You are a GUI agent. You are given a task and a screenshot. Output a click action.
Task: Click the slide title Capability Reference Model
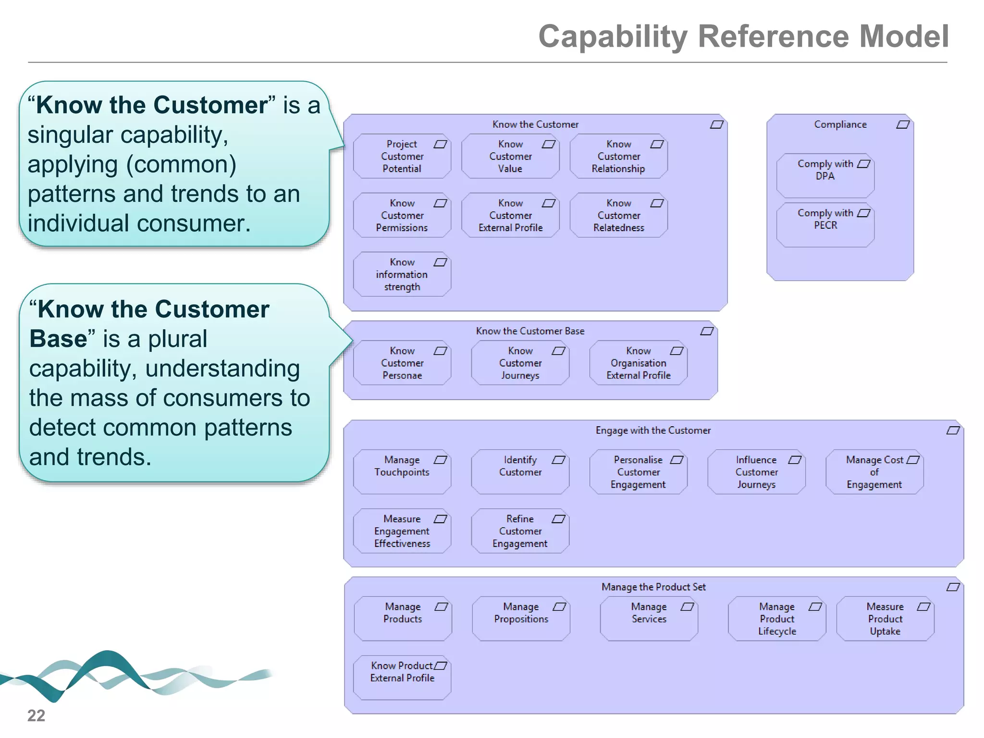[743, 37]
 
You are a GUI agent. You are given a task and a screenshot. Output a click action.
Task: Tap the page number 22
[36, 715]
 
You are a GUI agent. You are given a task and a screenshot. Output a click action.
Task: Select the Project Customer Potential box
[402, 156]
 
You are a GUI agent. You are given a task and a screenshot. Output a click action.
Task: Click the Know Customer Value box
[510, 156]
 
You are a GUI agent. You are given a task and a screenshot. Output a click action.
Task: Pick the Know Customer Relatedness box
[618, 215]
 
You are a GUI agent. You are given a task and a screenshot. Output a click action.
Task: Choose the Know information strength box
[402, 274]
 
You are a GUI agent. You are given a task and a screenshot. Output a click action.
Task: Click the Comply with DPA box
[825, 175]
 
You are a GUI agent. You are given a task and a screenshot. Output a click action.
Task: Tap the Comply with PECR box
[825, 224]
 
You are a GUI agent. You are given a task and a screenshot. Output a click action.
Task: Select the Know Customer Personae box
[402, 363]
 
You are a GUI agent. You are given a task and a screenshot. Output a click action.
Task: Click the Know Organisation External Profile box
[638, 363]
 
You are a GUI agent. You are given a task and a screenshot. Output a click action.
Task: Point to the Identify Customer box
[520, 471]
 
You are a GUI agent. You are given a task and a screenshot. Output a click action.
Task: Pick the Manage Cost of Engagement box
[874, 472]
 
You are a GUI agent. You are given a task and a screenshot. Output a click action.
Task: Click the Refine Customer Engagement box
[520, 531]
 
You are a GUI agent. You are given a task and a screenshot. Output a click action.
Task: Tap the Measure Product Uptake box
[885, 619]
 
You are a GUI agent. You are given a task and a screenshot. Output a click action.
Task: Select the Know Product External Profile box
[402, 677]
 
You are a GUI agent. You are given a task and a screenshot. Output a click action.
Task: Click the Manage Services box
[649, 619]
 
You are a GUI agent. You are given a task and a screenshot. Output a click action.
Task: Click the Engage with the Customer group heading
[653, 430]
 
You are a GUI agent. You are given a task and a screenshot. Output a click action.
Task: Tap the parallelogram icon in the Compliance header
[903, 124]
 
